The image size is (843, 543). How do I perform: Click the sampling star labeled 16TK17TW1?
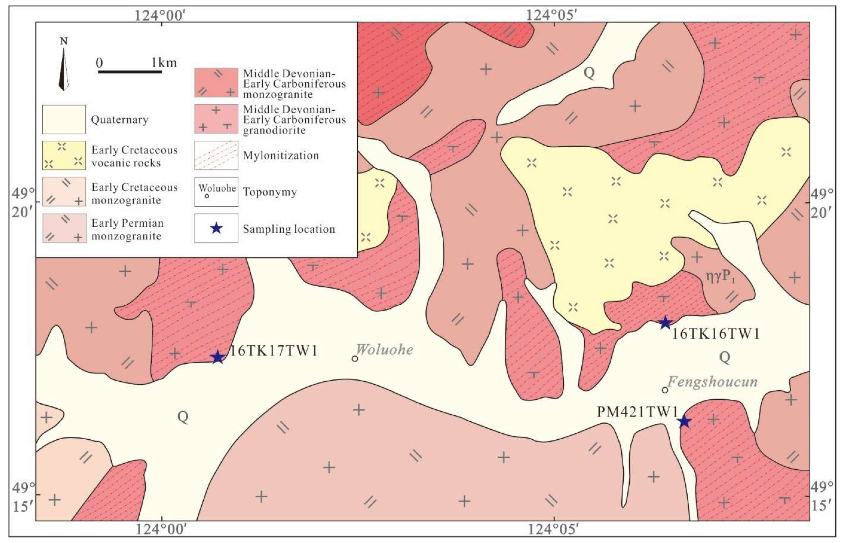pyautogui.click(x=218, y=357)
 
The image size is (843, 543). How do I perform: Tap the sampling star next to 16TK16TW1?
pyautogui.click(x=665, y=323)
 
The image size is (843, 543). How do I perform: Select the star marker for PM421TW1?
pyautogui.click(x=684, y=421)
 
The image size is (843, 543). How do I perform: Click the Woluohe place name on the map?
pyautogui.click(x=384, y=350)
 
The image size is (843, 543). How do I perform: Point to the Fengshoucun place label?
pyautogui.click(x=712, y=382)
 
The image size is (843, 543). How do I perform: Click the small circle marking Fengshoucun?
pyautogui.click(x=665, y=390)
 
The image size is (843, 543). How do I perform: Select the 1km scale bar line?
pyautogui.click(x=130, y=72)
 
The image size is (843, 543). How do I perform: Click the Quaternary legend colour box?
pyautogui.click(x=64, y=119)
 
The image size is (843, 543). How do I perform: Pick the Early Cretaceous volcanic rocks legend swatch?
pyautogui.click(x=64, y=155)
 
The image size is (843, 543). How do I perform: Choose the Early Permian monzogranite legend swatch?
pyautogui.click(x=64, y=228)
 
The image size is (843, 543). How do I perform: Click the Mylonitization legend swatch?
pyautogui.click(x=216, y=155)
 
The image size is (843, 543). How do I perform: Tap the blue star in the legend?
pyautogui.click(x=216, y=228)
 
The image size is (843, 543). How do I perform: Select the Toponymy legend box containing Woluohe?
pyautogui.click(x=216, y=192)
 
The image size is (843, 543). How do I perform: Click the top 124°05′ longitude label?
pyautogui.click(x=551, y=15)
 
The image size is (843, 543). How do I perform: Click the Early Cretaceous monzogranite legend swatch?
pyautogui.click(x=64, y=192)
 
